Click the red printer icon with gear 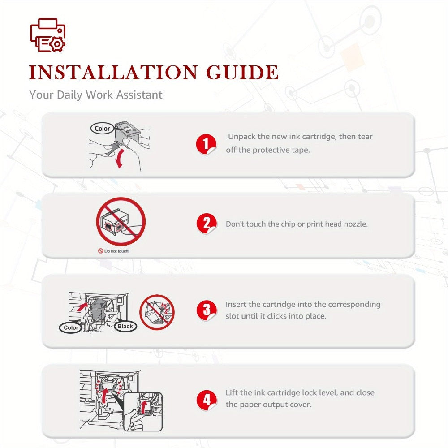tap(48, 35)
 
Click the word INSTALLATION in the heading tap(113, 72)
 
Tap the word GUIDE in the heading tap(242, 72)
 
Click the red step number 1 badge tap(206, 144)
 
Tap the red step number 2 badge tap(206, 224)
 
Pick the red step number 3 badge tap(206, 310)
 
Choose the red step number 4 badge tap(206, 400)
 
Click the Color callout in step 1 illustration tap(102, 128)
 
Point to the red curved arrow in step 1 tap(120, 158)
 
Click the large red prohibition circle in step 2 tap(121, 221)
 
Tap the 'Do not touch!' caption tap(114, 251)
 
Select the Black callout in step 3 tap(125, 326)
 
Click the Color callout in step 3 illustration tap(71, 327)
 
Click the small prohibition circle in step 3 tap(157, 312)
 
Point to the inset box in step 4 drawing tap(143, 412)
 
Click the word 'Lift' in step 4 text tap(232, 392)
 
